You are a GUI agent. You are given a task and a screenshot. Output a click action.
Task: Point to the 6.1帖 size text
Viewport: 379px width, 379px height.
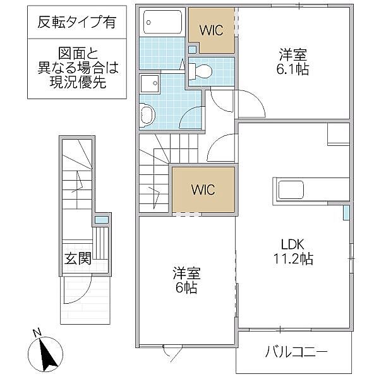tap(294, 69)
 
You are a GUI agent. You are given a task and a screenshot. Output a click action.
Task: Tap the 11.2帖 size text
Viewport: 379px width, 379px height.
tap(294, 258)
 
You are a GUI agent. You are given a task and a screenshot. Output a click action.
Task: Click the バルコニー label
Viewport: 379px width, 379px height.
tap(296, 352)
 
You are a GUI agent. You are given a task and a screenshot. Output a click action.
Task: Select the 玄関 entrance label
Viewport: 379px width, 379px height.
tap(77, 258)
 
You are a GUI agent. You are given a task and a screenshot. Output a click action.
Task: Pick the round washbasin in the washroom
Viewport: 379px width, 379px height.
tap(148, 114)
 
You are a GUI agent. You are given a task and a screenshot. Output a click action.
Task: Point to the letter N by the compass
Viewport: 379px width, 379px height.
tap(37, 333)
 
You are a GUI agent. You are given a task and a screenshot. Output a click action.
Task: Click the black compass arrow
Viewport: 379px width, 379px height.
tap(47, 354)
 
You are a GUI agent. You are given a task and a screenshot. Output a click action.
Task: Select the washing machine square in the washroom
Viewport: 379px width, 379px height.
tap(150, 82)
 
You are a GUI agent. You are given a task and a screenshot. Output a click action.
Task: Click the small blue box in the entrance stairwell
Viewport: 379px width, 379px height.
tap(100, 220)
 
